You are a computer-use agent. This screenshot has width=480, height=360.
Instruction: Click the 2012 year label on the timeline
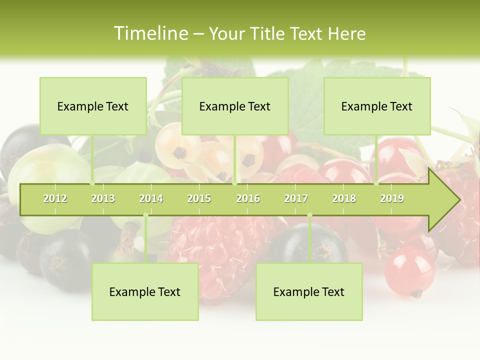point(55,198)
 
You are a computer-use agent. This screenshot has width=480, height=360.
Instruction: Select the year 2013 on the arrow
point(103,198)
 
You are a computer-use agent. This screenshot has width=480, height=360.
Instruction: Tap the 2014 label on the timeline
point(151,198)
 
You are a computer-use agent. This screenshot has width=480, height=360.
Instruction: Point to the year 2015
point(199,198)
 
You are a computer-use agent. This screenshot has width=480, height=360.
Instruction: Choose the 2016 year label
point(248,198)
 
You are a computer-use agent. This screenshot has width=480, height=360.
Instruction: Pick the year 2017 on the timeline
point(296,198)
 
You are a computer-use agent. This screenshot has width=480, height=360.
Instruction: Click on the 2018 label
point(344,198)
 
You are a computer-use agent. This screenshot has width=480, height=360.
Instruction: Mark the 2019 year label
point(392,198)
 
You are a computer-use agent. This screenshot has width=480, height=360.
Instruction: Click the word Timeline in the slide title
point(149,33)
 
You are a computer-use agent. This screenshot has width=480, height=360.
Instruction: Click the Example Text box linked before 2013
point(93,106)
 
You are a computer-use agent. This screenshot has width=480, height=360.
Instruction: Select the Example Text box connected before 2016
point(235,106)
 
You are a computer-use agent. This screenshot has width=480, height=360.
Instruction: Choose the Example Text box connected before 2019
point(377,106)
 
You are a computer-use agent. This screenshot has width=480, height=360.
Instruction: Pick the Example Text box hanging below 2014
point(145,291)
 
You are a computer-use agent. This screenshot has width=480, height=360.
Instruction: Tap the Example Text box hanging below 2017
point(309,291)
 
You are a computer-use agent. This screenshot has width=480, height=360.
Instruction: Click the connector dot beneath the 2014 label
point(145,215)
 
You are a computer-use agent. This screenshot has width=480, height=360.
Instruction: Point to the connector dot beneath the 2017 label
point(309,215)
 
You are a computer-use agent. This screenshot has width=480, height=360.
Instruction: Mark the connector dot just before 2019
point(376,183)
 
